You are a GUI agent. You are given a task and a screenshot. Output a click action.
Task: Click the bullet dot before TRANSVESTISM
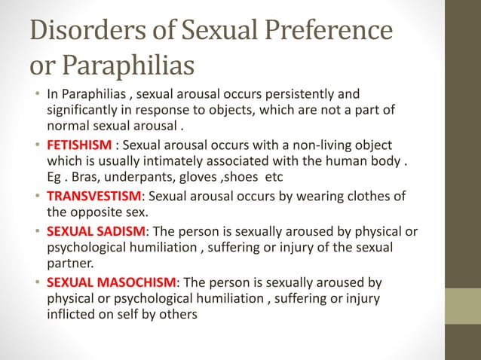click(36, 197)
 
